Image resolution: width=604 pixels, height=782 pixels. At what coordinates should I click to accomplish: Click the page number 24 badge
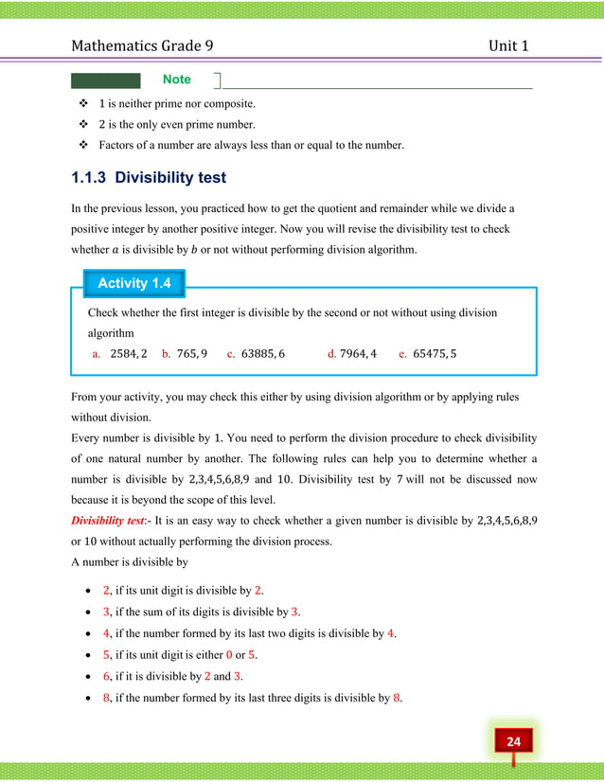513,741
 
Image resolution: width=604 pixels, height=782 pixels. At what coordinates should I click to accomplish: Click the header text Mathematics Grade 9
151,44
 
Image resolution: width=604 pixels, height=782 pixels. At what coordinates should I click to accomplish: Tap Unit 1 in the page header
508,44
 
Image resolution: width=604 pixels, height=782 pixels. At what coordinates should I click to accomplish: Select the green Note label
176,80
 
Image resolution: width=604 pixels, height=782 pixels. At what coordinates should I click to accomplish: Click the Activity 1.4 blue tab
133,283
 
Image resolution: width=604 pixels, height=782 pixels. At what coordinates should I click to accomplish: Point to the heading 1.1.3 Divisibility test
149,177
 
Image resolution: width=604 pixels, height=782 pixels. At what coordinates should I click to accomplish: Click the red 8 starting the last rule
106,698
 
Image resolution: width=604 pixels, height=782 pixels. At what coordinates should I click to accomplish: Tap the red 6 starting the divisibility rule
106,676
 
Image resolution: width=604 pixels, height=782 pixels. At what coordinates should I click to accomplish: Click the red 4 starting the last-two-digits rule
106,633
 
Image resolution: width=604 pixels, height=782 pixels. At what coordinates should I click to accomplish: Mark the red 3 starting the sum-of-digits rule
106,612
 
